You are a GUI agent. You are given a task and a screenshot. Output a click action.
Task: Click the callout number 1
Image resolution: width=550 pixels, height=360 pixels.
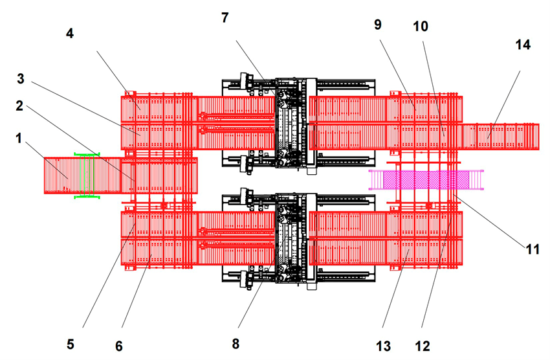point(19,139)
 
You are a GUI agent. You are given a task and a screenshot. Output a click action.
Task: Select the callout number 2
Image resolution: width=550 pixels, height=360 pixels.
point(19,106)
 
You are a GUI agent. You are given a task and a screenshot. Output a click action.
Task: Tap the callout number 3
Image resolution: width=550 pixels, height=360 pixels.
point(21,78)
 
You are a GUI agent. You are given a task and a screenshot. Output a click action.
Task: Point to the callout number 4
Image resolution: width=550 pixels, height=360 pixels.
point(70,33)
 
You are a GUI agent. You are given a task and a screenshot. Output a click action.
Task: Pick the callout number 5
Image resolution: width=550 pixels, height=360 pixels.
point(71,344)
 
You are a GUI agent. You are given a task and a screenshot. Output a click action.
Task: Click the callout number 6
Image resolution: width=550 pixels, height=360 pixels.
point(119,346)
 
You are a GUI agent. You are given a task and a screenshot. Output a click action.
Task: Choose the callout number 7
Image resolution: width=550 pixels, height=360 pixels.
point(225,17)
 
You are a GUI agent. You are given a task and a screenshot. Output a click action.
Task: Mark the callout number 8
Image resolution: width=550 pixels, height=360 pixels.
point(236,344)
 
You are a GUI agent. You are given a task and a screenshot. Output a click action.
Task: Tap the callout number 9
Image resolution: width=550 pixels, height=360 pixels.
point(378,25)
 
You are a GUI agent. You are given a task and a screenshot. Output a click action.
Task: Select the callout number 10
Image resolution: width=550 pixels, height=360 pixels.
point(421,27)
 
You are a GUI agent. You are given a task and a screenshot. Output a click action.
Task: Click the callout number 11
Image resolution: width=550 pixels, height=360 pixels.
point(533,249)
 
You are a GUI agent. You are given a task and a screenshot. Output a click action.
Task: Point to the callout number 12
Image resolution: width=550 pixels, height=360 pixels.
point(423,346)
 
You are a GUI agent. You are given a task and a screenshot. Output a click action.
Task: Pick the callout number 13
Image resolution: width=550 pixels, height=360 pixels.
point(384,346)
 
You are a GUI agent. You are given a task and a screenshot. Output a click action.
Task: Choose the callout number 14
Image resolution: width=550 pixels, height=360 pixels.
point(523,45)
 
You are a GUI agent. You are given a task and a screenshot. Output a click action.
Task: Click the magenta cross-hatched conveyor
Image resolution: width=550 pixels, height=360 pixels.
point(426,179)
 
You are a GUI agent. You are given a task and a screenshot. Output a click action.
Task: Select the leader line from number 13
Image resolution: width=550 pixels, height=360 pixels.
point(395,288)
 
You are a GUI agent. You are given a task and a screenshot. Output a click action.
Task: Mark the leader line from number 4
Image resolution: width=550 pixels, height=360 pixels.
point(118,80)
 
